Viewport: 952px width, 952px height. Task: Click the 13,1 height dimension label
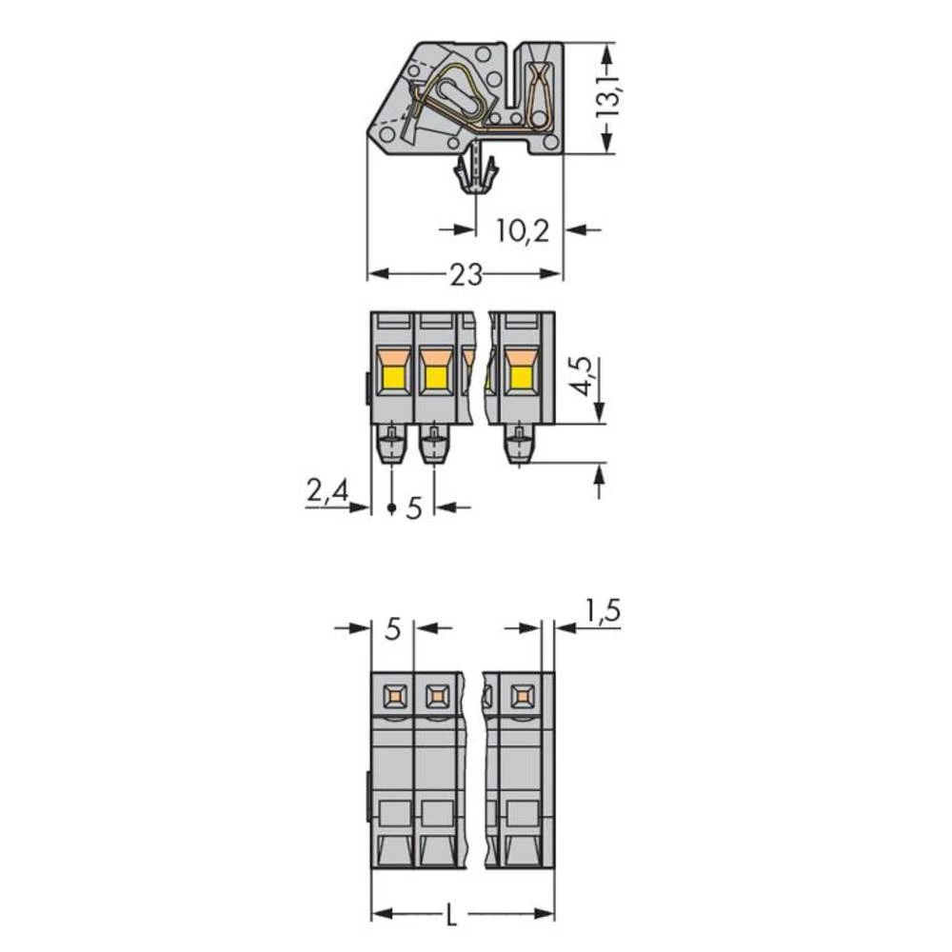coord(607,95)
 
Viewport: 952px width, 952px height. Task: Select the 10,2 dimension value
coord(523,229)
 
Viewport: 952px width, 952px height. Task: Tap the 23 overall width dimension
coord(466,274)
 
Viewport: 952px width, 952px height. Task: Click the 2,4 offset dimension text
coord(327,492)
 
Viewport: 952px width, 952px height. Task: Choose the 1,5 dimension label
coord(602,610)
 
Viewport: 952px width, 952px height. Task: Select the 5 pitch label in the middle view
coord(413,507)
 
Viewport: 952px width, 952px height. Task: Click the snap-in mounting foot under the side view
coord(475,172)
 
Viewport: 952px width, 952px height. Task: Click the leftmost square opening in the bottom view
coord(392,697)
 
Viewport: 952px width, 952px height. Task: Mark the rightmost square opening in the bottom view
coord(521,697)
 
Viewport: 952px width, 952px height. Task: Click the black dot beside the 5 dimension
coord(391,509)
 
